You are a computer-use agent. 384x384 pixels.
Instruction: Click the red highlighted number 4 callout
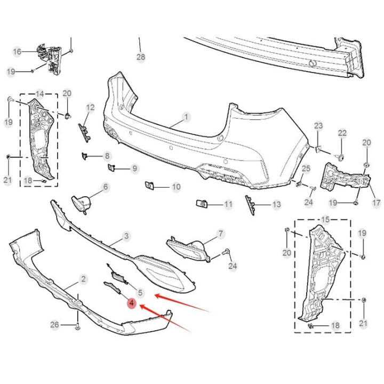coord(132,303)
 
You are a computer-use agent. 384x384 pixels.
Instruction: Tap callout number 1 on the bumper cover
coord(186,117)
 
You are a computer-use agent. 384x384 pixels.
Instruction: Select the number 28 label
coord(141,57)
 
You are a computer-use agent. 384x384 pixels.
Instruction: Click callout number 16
coord(17,52)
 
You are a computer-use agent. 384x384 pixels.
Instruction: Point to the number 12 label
coord(90,108)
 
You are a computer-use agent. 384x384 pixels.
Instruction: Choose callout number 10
coord(177,187)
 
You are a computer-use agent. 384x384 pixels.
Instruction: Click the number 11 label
coord(228,204)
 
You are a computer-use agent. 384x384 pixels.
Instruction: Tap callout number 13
coord(277,204)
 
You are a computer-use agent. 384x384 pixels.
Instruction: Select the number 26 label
coord(54,325)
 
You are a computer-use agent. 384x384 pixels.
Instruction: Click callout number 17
coord(377,203)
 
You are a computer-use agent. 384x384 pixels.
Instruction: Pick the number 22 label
coord(342,133)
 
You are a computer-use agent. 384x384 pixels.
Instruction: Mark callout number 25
coord(306,169)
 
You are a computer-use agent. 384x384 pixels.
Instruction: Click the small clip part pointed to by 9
coord(111,167)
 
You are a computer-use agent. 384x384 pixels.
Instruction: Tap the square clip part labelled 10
coord(149,186)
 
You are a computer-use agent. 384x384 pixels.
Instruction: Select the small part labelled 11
coord(202,204)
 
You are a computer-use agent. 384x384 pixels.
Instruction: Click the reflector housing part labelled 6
coord(82,203)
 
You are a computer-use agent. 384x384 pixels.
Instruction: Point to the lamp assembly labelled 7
coord(189,249)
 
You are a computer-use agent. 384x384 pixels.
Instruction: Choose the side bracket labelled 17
coord(345,177)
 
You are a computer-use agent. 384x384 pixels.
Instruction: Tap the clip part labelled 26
coord(78,326)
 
